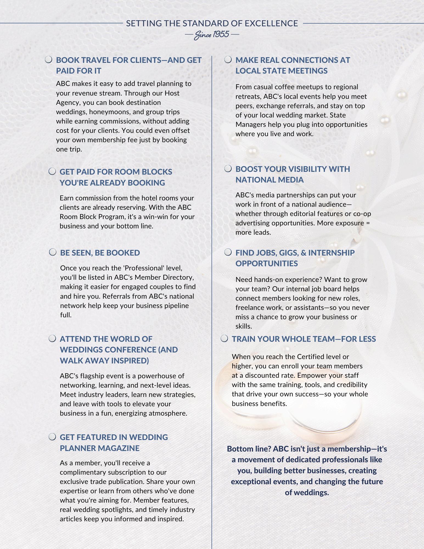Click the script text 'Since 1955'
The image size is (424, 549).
(212, 35)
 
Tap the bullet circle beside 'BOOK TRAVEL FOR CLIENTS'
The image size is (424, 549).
(49, 60)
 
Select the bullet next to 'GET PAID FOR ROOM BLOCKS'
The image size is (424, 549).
(52, 172)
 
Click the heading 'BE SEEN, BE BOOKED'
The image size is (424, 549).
(100, 253)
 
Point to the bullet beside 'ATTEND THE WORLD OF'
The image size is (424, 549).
(52, 338)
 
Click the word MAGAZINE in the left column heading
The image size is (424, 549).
(119, 448)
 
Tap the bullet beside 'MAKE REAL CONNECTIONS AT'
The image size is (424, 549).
(228, 60)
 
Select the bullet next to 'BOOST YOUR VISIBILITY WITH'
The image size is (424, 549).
(228, 169)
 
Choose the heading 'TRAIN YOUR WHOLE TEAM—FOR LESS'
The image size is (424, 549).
(304, 339)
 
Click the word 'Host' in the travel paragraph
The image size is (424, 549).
(172, 93)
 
